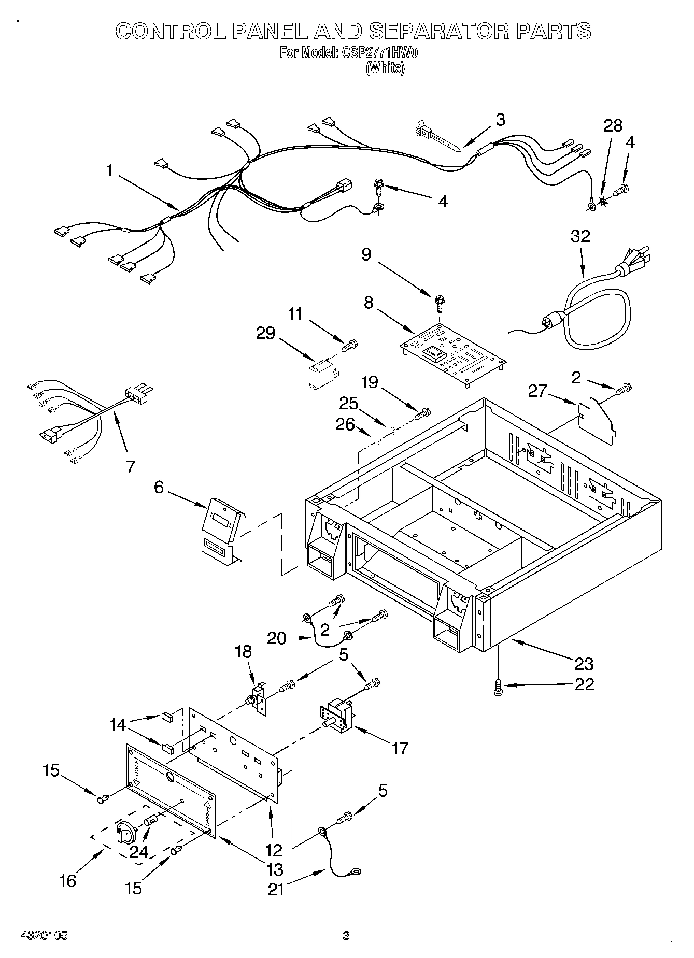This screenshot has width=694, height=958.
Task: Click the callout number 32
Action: coord(580,236)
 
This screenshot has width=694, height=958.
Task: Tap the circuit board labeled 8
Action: coord(454,356)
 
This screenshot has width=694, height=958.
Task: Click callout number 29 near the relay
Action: coord(266,333)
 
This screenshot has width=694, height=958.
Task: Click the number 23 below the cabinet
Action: coord(584,663)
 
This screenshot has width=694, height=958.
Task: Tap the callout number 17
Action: coord(400,748)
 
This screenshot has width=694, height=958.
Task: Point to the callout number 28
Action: coord(613,126)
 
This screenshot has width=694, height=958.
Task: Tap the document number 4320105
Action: coord(44,936)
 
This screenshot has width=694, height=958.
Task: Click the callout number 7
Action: coord(130,466)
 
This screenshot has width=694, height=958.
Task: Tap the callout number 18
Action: coord(244,651)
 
